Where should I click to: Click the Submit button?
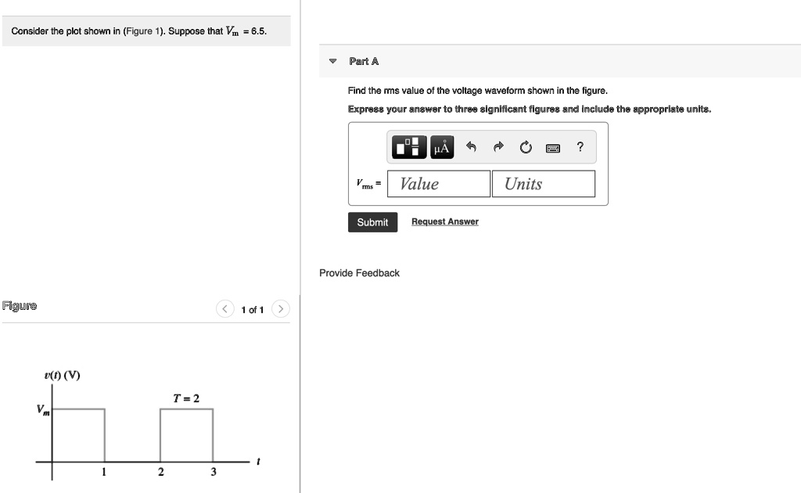tap(372, 222)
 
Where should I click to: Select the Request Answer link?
tap(444, 221)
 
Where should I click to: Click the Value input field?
tap(441, 184)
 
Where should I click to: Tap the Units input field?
tap(543, 184)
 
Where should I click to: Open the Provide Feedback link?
tap(359, 273)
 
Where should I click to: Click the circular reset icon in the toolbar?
tap(525, 147)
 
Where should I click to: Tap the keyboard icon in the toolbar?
tap(552, 147)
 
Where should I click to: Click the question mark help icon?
tap(580, 146)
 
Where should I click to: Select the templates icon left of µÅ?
tap(410, 147)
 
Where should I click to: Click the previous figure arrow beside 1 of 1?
tap(224, 309)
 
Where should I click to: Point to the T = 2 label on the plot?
tap(186, 398)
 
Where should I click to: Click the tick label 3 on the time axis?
tap(213, 472)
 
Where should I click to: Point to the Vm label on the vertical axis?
tap(41, 410)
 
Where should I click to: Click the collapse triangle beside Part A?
tap(332, 61)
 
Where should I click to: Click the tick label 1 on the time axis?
tap(104, 472)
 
